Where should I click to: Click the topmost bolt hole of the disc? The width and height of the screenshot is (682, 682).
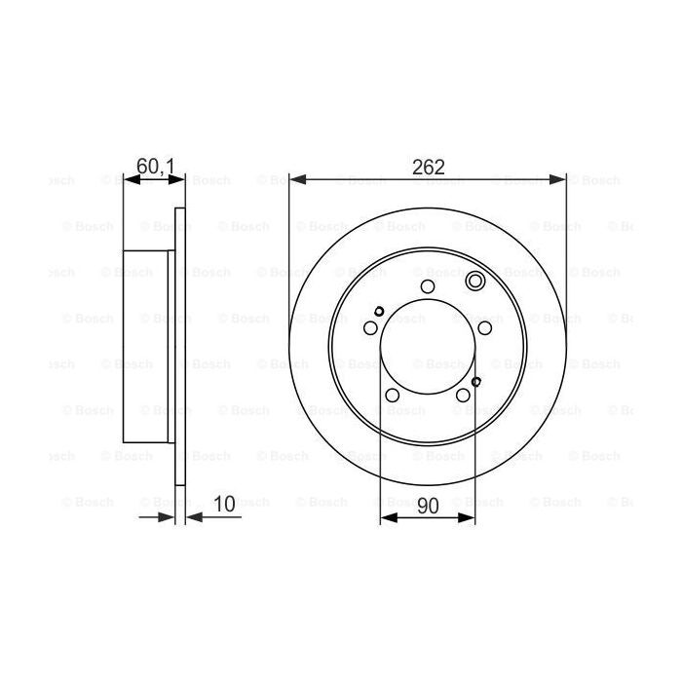click(x=427, y=286)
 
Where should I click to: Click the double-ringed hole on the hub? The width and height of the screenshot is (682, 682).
click(x=475, y=283)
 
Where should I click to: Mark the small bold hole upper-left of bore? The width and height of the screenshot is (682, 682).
click(x=378, y=313)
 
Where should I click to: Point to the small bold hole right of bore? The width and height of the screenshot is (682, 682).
click(x=475, y=382)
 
